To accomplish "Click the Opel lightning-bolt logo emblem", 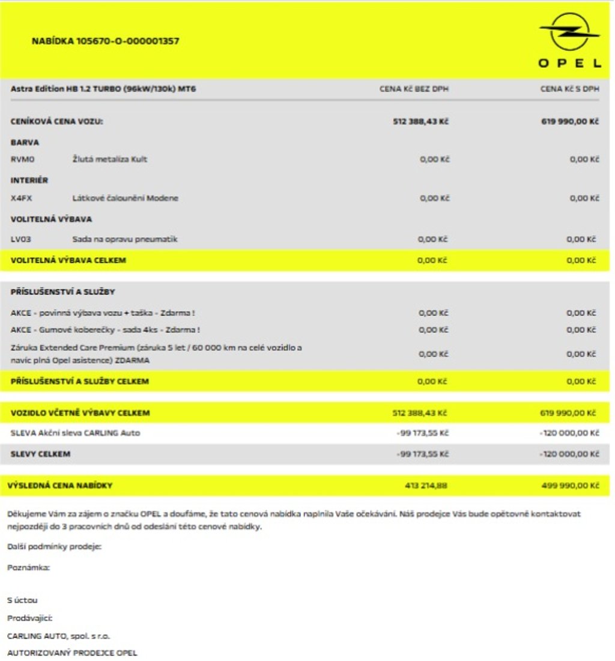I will (569, 32).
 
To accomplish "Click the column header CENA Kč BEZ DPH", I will (414, 89).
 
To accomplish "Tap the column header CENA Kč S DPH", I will (569, 89).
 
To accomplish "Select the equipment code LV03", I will (21, 239).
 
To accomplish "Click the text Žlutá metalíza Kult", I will (109, 159).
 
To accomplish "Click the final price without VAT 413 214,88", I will (426, 486).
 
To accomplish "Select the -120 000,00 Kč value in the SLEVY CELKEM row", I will (569, 454).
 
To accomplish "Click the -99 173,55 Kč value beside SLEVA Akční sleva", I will (423, 433).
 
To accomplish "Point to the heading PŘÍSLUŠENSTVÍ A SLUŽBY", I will (63, 292).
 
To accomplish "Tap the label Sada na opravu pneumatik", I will (124, 239).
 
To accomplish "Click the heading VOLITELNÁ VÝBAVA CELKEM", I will (68, 260).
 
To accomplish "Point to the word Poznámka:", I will (28, 567).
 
